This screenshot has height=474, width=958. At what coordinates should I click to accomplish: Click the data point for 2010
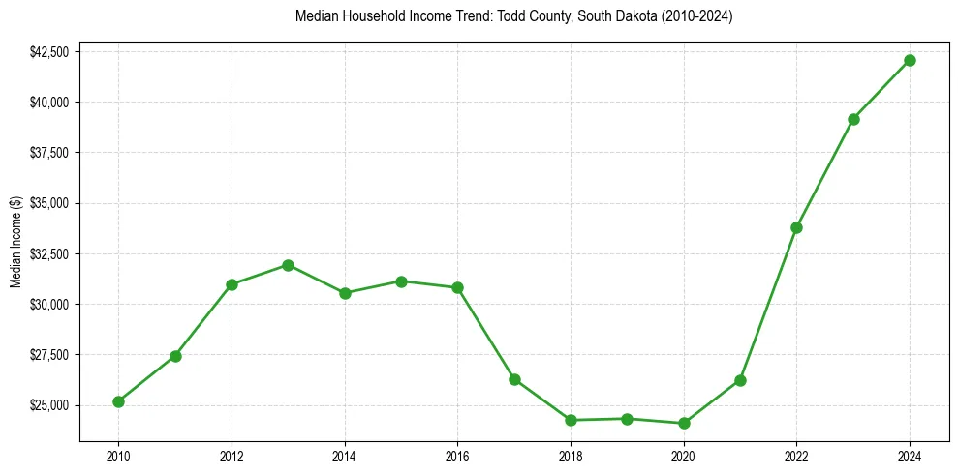118,401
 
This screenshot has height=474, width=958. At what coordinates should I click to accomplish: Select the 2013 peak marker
288,265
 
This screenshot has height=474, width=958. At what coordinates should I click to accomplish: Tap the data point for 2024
910,60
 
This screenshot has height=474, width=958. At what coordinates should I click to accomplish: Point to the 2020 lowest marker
684,423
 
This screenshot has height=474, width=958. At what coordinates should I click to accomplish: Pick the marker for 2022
796,227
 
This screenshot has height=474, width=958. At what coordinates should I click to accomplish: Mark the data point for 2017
514,379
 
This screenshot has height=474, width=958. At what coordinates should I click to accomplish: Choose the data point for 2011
175,356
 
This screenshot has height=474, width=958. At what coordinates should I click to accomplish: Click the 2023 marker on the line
853,119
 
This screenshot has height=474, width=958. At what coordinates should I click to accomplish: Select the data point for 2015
401,281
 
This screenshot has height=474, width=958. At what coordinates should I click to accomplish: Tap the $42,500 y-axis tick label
49,51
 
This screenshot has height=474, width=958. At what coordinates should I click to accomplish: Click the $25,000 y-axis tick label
49,405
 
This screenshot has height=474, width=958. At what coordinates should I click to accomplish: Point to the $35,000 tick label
49,203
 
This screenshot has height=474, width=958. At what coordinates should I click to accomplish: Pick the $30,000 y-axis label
49,305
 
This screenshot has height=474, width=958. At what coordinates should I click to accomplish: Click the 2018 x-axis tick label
571,454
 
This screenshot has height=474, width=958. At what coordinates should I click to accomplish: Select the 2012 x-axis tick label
232,454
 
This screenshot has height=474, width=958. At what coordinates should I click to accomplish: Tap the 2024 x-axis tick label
910,454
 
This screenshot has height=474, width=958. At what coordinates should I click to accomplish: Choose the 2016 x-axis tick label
457,454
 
